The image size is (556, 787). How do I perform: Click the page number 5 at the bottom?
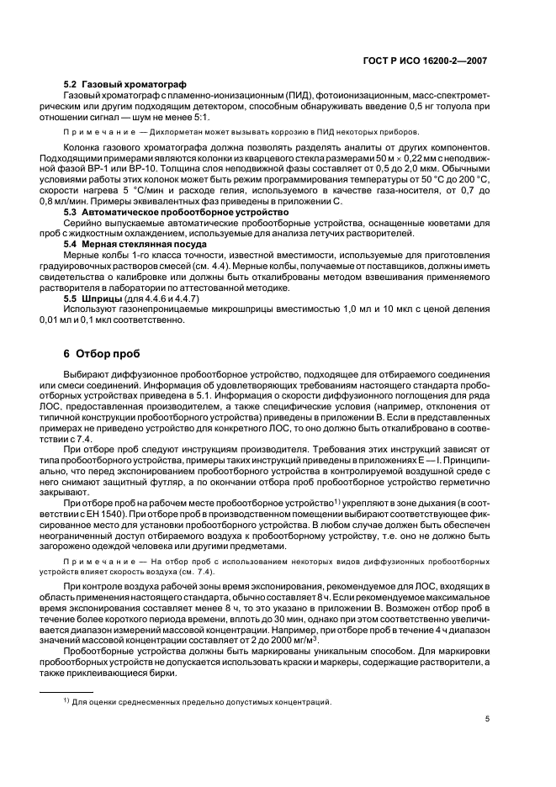(x=488, y=718)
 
